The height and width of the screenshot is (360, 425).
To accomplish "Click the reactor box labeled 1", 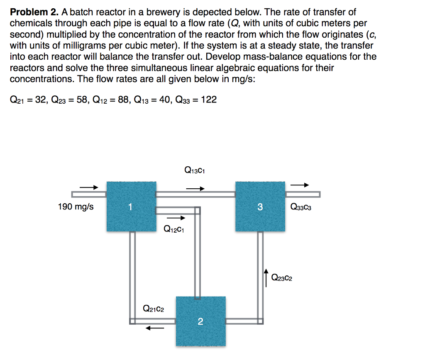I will click(131, 206).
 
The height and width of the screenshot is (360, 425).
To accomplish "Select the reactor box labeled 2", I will click(201, 321).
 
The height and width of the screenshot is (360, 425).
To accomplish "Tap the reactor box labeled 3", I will click(260, 206).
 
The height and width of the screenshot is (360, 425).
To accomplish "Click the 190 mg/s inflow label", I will click(76, 207).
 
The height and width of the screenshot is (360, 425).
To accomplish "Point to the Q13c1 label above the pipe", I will click(195, 170).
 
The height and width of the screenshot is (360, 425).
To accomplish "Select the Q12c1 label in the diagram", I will click(174, 228).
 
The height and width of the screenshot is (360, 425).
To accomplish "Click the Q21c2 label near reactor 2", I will click(153, 309).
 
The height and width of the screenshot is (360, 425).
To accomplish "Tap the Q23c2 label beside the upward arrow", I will click(281, 278).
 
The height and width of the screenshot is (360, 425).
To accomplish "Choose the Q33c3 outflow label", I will click(301, 207).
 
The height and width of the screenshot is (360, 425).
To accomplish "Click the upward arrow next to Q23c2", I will click(266, 277).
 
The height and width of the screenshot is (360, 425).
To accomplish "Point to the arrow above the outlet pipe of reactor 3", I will click(300, 185).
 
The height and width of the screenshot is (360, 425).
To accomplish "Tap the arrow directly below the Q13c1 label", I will click(195, 188).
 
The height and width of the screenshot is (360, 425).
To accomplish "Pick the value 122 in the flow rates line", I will click(208, 100).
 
